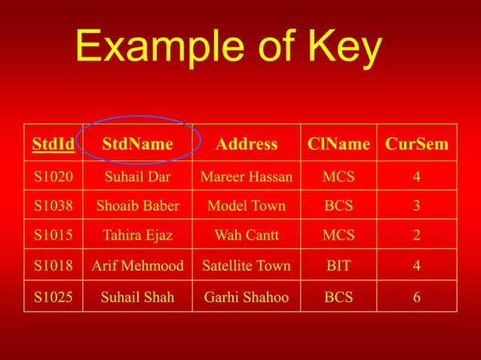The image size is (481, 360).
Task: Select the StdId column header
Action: (53, 144)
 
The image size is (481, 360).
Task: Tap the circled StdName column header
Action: (137, 144)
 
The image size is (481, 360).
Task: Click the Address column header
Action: (247, 144)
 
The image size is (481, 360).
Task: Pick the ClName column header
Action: (339, 144)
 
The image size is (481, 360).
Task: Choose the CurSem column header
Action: (417, 144)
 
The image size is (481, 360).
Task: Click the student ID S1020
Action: (53, 177)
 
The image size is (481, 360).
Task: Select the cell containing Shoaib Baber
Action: (137, 206)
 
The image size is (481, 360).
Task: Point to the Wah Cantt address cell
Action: (247, 235)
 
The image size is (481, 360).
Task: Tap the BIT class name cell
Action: (339, 265)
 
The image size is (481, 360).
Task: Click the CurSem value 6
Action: (417, 297)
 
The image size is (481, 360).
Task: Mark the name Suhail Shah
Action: (137, 297)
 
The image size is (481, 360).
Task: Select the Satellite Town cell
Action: (247, 265)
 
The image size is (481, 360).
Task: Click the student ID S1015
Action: (53, 235)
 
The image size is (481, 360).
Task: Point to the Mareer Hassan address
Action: (247, 177)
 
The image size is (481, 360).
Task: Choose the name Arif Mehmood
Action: (137, 265)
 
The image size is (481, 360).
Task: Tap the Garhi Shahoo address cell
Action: (247, 297)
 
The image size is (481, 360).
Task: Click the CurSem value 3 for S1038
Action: (417, 206)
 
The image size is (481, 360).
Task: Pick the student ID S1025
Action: (53, 297)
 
